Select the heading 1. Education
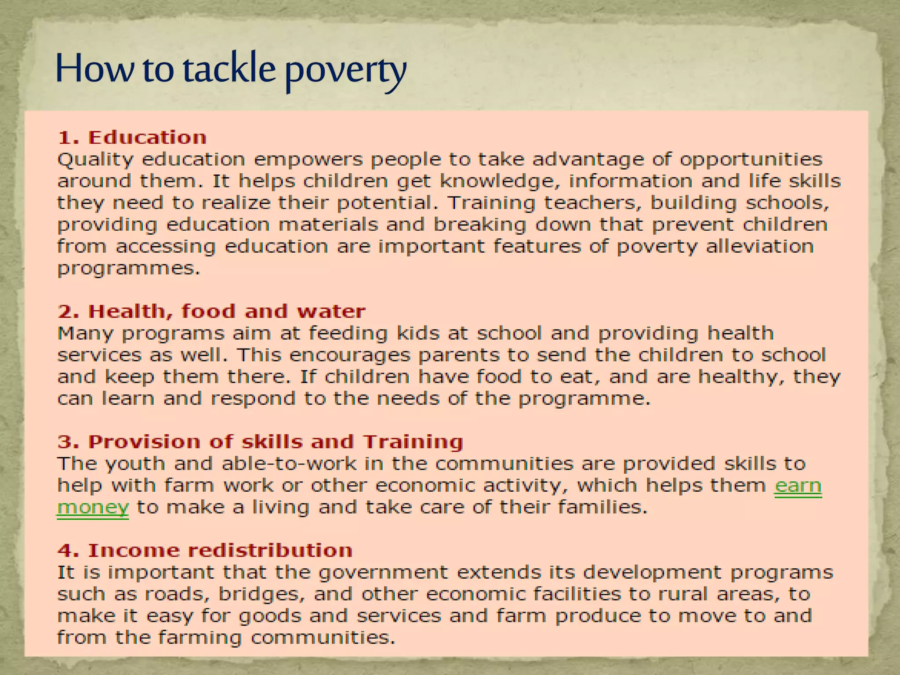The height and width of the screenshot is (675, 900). (132, 138)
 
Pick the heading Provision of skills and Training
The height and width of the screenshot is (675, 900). (260, 442)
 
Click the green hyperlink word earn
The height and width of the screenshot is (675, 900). (798, 486)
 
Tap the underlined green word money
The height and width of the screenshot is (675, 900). (93, 508)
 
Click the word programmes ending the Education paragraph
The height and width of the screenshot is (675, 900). (128, 269)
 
